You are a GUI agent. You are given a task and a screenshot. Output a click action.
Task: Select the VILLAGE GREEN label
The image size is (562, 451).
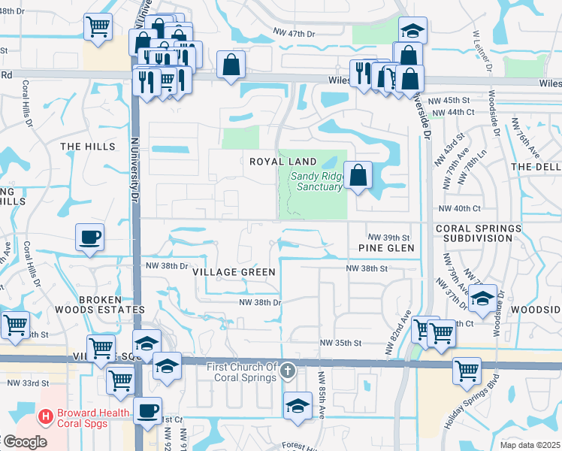[x=233, y=271]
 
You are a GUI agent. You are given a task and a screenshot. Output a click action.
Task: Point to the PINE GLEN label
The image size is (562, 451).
[x=386, y=248]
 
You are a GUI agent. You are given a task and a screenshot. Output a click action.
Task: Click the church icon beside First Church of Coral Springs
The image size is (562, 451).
[x=288, y=371]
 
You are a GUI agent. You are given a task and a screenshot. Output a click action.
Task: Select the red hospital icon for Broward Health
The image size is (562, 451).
[x=46, y=415]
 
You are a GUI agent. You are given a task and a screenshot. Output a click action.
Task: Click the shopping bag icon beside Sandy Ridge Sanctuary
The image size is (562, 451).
[x=359, y=176]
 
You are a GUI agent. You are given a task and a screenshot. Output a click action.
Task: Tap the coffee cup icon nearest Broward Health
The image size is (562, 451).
[x=148, y=410]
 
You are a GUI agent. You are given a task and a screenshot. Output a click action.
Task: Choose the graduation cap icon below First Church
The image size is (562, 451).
[x=298, y=406]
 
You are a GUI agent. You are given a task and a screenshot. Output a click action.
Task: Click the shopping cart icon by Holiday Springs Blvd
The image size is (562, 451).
[x=467, y=370]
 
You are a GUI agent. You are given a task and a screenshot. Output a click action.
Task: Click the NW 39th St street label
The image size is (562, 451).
[x=388, y=236]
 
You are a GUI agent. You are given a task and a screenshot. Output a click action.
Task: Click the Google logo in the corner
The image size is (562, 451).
[x=25, y=442]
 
